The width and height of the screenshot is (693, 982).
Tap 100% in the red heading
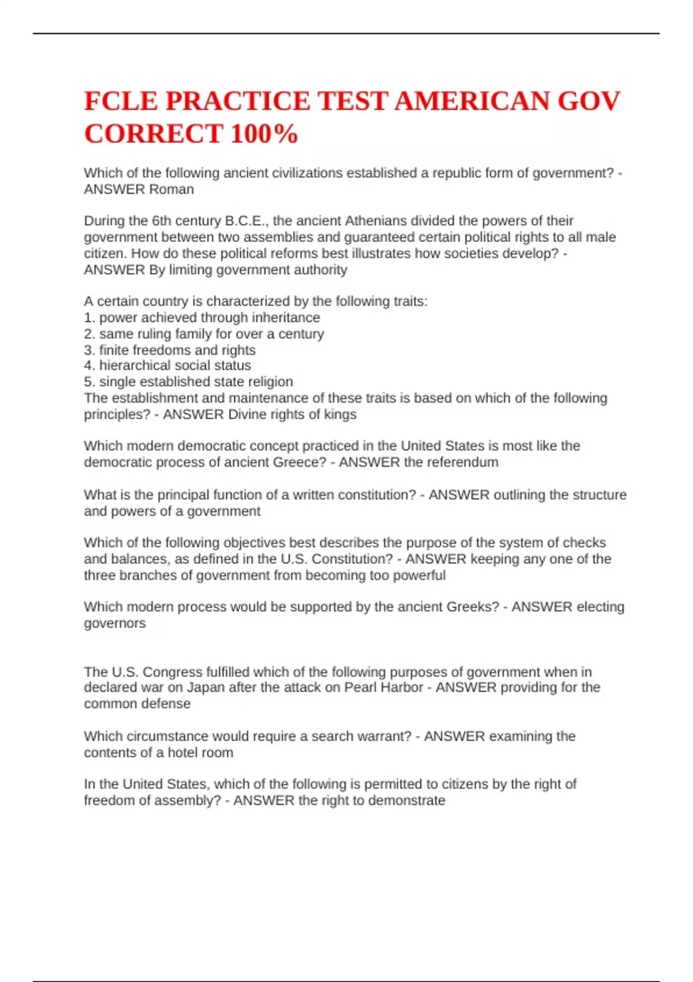tap(264, 134)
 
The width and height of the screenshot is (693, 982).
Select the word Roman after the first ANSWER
tap(172, 189)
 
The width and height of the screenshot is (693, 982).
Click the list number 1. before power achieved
tap(90, 318)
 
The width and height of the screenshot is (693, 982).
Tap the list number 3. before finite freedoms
tap(90, 350)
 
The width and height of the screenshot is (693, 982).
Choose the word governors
tap(114, 623)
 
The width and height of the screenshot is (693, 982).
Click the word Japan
tap(206, 687)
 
